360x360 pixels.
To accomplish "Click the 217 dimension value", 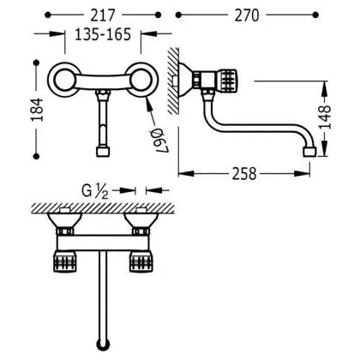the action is [x=103, y=15].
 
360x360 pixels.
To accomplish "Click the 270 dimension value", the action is [x=247, y=15].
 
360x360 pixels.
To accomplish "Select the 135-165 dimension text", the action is [x=103, y=34].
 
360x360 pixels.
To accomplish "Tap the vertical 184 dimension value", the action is [x=37, y=110].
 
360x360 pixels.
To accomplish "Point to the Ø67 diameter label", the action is [x=159, y=141].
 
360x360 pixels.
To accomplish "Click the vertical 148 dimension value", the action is [x=325, y=117].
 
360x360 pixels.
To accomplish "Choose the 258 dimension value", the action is [x=244, y=174].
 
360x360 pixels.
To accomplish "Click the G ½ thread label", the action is [x=95, y=191].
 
